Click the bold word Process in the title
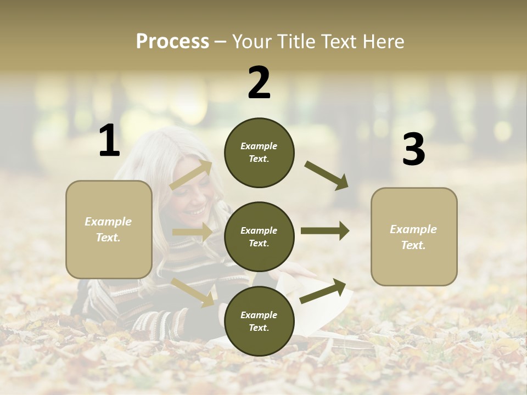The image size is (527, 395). coord(172,42)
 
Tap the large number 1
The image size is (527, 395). coord(109,141)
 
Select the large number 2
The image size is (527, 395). coord(259,83)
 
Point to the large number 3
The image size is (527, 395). coord(413,150)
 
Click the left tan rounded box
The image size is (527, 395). coord(109,229)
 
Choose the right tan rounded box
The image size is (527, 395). coord(414,237)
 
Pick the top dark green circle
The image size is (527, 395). coord(259,153)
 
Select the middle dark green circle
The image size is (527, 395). coord(259,236)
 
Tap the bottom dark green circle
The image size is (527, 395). coord(259,321)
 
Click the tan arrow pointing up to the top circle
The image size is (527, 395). coord(191,175)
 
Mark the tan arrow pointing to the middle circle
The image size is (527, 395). coord(192,232)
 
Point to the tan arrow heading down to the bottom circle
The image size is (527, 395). coord(193,291)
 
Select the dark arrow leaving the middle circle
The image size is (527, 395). coord(324,231)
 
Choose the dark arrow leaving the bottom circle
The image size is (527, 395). coord(323,291)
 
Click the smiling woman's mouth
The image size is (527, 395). coord(195,212)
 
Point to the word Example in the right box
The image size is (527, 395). coord(413,229)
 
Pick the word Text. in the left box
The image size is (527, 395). coord(108,238)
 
